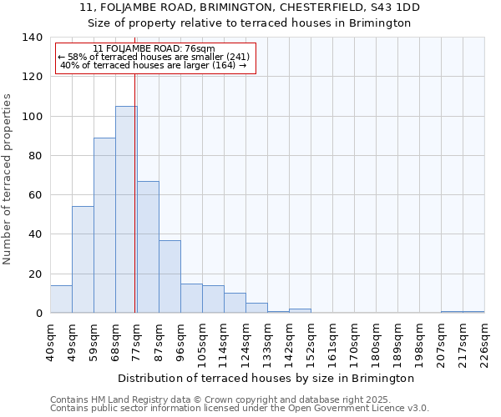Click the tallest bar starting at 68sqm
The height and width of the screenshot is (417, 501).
pyautogui.click(x=126, y=209)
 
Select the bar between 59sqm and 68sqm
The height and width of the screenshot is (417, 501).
pyautogui.click(x=104, y=225)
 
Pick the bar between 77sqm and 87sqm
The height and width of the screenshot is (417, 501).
pyautogui.click(x=148, y=247)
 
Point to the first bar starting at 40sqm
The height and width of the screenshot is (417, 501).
pyautogui.click(x=61, y=299)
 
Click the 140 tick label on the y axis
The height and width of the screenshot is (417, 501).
pyautogui.click(x=33, y=38)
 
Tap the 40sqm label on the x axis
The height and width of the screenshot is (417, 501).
pyautogui.click(x=51, y=340)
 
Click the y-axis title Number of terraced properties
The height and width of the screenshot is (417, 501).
pyautogui.click(x=8, y=179)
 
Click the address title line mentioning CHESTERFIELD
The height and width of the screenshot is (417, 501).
pyautogui.click(x=250, y=8)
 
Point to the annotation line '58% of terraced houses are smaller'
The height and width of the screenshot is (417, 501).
pyautogui.click(x=154, y=57)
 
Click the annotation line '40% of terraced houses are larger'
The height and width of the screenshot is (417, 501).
pyautogui.click(x=154, y=65)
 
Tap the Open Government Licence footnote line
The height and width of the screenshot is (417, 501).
pyautogui.click(x=240, y=409)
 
